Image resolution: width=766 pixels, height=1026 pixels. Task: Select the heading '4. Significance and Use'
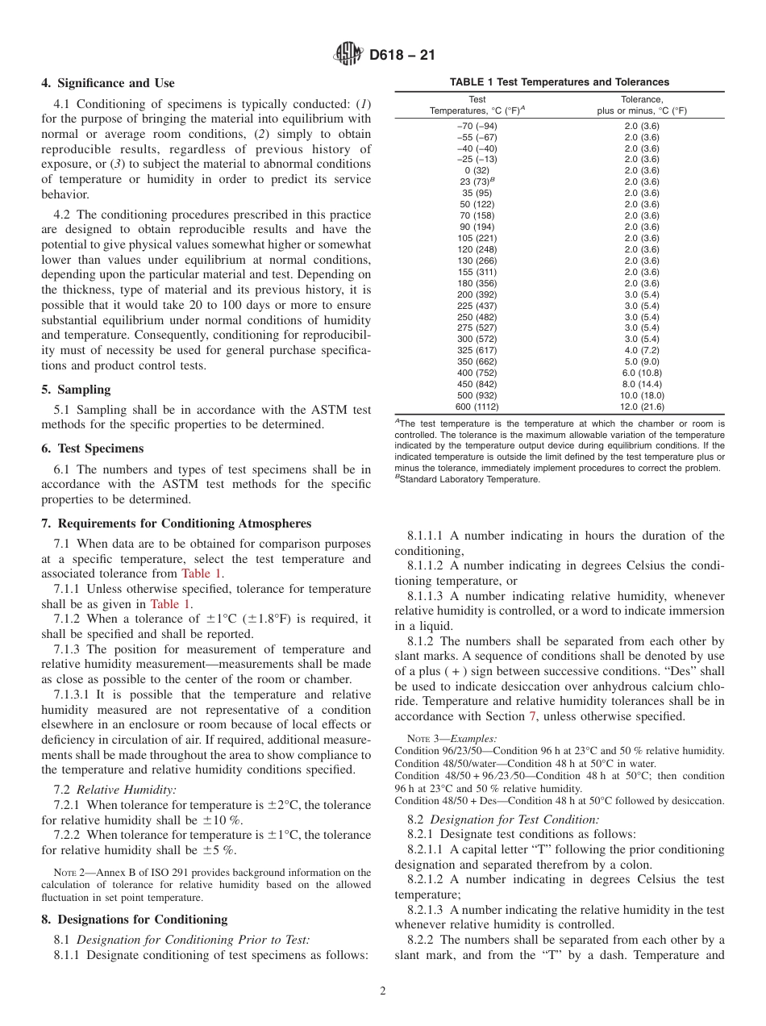[108, 83]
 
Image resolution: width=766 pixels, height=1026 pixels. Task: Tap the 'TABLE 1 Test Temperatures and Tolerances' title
[560, 82]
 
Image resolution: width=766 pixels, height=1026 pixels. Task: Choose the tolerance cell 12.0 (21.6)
[642, 407]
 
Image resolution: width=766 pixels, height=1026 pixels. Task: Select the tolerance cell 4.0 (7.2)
[642, 350]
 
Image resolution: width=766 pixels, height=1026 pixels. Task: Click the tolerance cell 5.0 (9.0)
[642, 361]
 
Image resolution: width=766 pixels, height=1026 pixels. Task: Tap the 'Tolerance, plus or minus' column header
[642, 105]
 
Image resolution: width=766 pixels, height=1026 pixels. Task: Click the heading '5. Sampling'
[76, 390]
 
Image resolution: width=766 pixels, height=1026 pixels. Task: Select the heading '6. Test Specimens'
[93, 448]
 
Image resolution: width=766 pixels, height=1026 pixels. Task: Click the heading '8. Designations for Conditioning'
[135, 920]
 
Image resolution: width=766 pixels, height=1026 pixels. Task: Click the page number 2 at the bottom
[383, 991]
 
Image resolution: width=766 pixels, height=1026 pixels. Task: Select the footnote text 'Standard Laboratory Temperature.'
[469, 479]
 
